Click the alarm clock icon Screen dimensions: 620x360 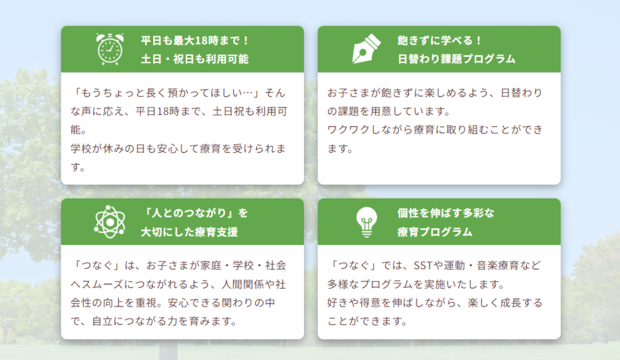[110, 49]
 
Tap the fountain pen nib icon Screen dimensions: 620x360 [366, 49]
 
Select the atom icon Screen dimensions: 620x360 [110, 221]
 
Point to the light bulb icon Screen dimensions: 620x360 [366, 221]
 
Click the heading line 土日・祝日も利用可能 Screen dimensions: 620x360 [195, 59]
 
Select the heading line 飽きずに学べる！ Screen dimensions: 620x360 [440, 41]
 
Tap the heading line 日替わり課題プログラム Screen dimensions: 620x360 [457, 59]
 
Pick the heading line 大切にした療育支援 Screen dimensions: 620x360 [190, 232]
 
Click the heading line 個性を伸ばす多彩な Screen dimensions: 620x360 [446, 213]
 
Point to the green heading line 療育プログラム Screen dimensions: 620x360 [435, 232]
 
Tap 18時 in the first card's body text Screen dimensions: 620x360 [168, 111]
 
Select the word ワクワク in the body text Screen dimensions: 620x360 [349, 129]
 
